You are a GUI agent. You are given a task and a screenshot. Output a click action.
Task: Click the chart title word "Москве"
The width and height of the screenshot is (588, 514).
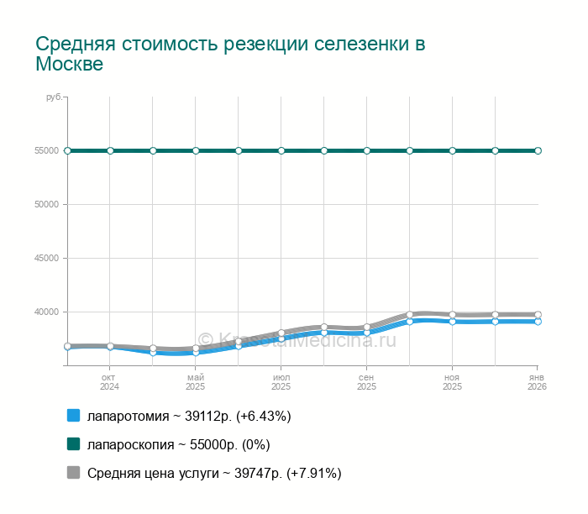(70, 65)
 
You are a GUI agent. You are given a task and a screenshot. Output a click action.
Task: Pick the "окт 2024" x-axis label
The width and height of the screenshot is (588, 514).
(110, 382)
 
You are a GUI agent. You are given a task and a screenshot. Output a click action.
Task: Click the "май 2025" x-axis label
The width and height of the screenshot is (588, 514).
(196, 382)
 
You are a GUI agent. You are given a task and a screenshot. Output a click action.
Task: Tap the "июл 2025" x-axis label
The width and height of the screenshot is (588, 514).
(281, 382)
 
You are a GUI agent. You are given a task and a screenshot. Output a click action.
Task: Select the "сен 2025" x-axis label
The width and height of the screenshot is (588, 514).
(367, 382)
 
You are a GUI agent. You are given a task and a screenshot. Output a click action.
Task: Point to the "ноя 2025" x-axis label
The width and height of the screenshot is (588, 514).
(453, 382)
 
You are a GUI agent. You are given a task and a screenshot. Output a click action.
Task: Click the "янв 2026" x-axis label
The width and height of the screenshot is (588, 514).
(537, 382)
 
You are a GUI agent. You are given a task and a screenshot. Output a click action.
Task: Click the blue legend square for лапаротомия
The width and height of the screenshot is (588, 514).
(73, 416)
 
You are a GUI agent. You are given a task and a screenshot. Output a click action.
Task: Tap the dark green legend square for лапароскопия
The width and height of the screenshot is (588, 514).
(73, 444)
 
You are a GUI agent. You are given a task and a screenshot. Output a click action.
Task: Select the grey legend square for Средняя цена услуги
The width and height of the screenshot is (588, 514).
(73, 473)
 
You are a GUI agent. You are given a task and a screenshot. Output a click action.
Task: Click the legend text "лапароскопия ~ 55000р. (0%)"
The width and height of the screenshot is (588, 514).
(179, 444)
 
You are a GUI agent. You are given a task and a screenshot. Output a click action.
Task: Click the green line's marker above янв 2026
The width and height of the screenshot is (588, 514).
(538, 150)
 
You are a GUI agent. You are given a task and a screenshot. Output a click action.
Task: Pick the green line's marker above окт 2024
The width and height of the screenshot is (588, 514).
(110, 150)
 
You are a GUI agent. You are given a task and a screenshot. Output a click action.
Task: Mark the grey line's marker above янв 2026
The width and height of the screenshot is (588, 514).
(538, 314)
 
